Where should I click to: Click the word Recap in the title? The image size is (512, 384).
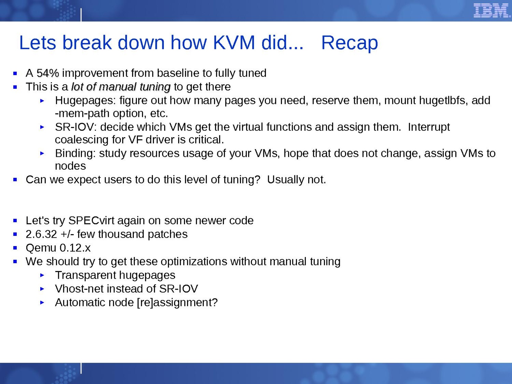pos(349,44)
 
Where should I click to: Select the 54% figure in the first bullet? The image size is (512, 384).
pos(48,73)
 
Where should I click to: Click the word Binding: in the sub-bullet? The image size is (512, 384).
pos(75,153)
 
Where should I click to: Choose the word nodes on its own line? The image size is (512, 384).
pos(70,166)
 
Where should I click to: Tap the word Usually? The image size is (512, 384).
pos(285,180)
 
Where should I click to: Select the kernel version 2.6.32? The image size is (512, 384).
pos(41,234)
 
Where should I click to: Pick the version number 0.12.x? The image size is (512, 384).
pos(75,248)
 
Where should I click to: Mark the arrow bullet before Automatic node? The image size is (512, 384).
pos(42,303)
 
